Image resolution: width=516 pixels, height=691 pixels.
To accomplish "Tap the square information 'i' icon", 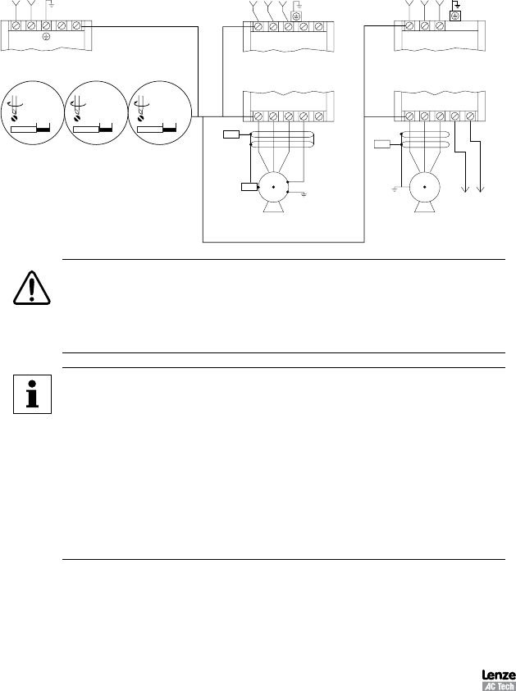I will pos(32,394).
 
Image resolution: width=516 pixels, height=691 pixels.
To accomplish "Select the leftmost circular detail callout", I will pos(30,112).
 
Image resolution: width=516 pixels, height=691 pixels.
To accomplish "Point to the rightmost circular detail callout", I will pos(159,112).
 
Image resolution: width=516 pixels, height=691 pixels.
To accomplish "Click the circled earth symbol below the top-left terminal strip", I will pos(46,38).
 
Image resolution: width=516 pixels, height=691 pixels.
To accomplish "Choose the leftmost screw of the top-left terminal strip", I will pos(16,26).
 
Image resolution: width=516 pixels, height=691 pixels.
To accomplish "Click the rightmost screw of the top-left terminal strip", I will pos(76,26).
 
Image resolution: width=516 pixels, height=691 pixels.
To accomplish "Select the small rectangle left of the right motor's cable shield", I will pos(382,145).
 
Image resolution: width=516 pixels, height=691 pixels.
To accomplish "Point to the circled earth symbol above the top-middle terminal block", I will pos(299,16).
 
